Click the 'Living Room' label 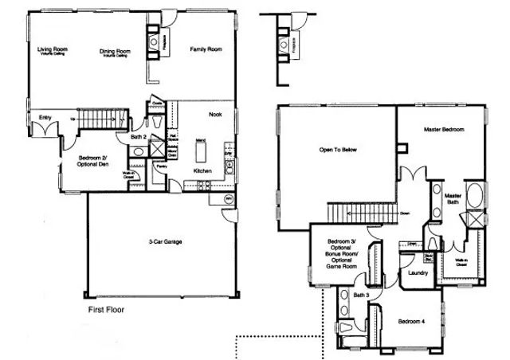[x=53, y=50]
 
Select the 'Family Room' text [x=205, y=49]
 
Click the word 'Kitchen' [x=203, y=171]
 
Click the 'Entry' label [x=45, y=118]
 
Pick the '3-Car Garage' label [x=162, y=242]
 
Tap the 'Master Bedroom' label [x=444, y=129]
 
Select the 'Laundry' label [x=418, y=273]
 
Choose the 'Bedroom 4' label [x=412, y=321]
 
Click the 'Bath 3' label [x=361, y=295]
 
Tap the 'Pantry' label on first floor [x=163, y=167]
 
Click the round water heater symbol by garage [x=228, y=198]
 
